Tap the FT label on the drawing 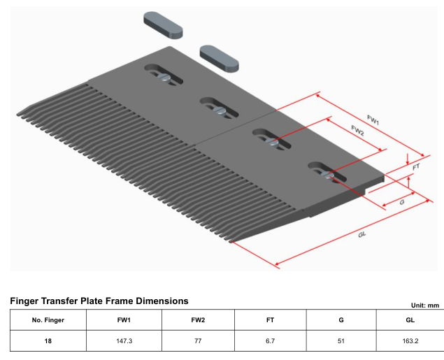point(415,168)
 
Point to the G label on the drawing point(402,201)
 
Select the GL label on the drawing point(362,233)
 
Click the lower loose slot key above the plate point(219,57)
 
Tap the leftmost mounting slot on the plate point(164,75)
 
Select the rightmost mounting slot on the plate point(326,172)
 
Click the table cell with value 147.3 point(124,342)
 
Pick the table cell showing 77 point(198,342)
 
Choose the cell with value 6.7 point(270,342)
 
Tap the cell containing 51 point(341,342)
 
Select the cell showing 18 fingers point(48,342)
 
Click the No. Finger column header point(48,320)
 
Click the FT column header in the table point(270,320)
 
